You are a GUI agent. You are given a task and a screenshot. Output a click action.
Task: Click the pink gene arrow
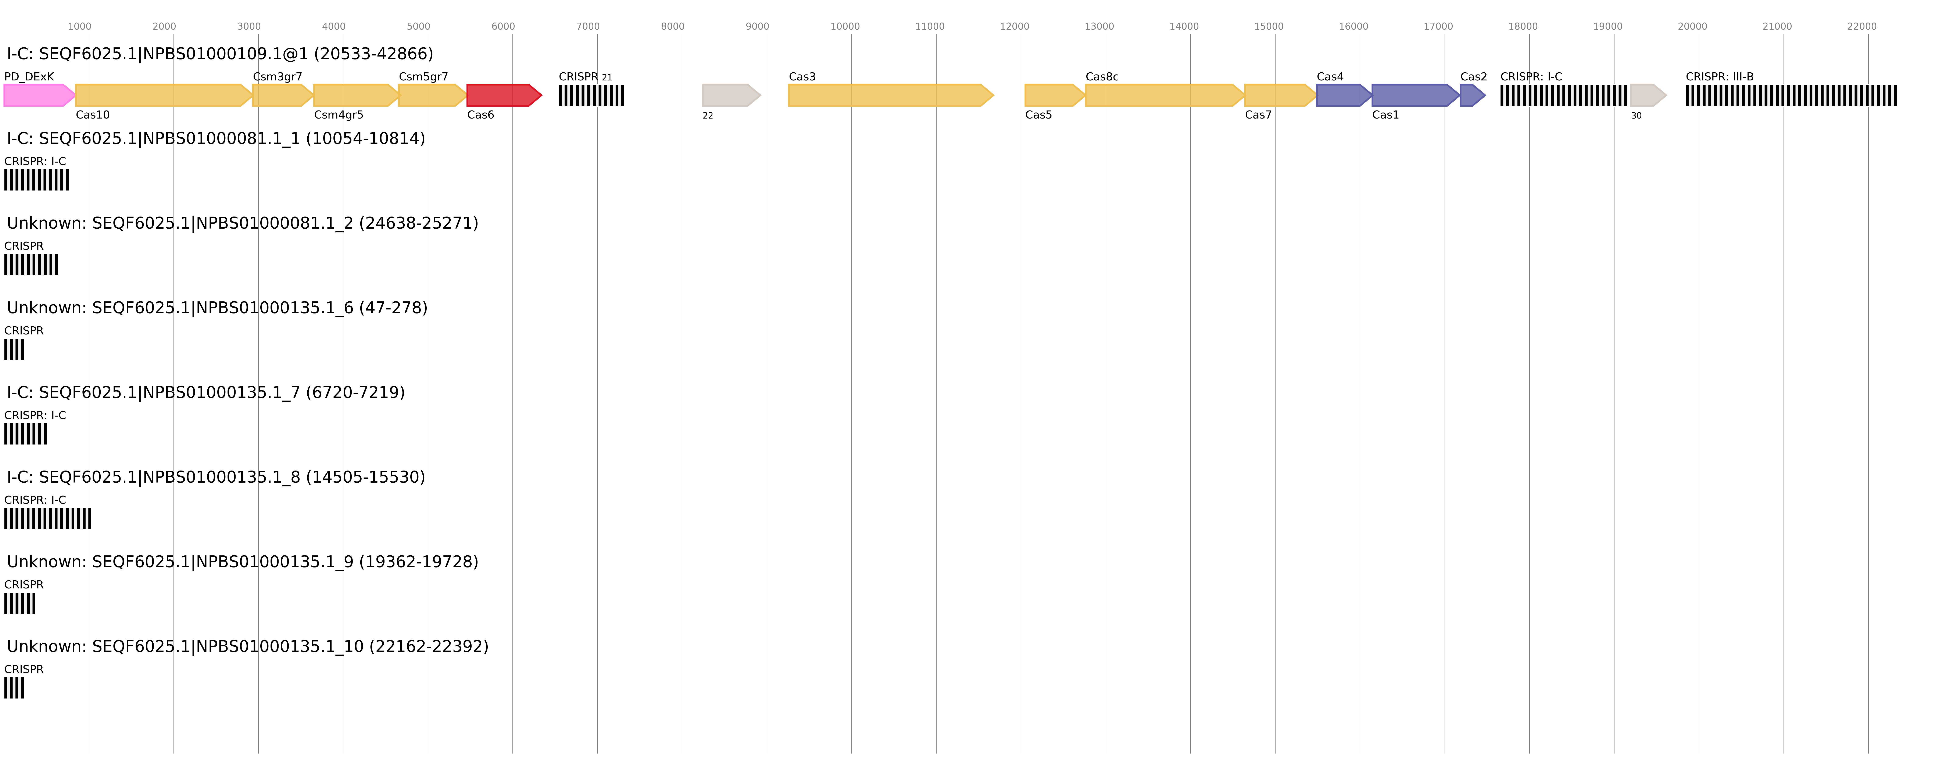[37, 95]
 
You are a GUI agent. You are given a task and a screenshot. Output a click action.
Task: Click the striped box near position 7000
[591, 95]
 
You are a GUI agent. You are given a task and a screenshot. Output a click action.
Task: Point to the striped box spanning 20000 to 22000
[1791, 95]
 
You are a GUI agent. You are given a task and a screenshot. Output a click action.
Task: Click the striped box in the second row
[36, 180]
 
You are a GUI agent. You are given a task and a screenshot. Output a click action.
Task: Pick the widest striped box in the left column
[47, 519]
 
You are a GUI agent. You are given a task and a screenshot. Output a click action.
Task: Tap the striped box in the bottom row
[14, 688]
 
